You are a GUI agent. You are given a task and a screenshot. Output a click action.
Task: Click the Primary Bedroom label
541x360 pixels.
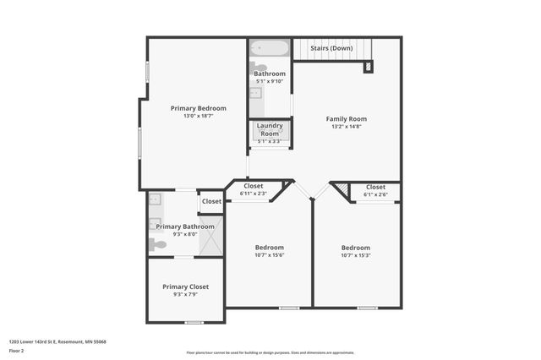pyautogui.click(x=199, y=108)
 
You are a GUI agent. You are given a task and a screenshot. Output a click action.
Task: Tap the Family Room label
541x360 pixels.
pyautogui.click(x=347, y=119)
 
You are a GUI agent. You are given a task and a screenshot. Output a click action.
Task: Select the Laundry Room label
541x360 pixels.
pyautogui.click(x=270, y=129)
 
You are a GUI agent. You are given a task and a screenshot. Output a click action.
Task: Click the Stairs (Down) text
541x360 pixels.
pyautogui.click(x=331, y=48)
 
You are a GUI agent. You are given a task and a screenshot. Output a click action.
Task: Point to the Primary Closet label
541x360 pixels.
pyautogui.click(x=186, y=287)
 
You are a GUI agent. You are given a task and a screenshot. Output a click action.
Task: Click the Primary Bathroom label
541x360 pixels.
pyautogui.click(x=185, y=226)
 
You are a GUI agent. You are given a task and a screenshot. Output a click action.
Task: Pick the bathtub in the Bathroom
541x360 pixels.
pyautogui.click(x=270, y=49)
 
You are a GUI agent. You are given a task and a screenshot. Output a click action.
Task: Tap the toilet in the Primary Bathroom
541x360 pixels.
pyautogui.click(x=157, y=244)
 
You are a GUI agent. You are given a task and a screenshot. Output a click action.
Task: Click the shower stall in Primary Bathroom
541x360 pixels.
pyautogui.click(x=210, y=236)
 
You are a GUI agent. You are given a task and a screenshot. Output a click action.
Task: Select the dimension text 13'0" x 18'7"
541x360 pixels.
pyautogui.click(x=199, y=117)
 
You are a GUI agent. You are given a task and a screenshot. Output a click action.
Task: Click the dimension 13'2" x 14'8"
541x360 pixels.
pyautogui.click(x=347, y=128)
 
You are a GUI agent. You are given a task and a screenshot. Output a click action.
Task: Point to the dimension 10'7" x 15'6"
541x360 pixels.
pyautogui.click(x=270, y=255)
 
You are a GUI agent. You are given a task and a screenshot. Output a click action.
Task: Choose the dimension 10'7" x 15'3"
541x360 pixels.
pyautogui.click(x=358, y=255)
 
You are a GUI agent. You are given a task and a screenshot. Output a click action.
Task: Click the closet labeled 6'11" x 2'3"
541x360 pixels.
pyautogui.click(x=254, y=189)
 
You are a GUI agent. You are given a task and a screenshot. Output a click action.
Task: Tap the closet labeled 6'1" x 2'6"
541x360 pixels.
pyautogui.click(x=376, y=191)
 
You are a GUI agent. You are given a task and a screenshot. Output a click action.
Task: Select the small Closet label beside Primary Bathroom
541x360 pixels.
pyautogui.click(x=211, y=202)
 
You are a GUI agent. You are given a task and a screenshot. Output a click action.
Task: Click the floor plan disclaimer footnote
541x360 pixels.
pyautogui.click(x=270, y=352)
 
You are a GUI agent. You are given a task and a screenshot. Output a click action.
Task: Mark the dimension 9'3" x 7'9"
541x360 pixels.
pyautogui.click(x=186, y=295)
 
